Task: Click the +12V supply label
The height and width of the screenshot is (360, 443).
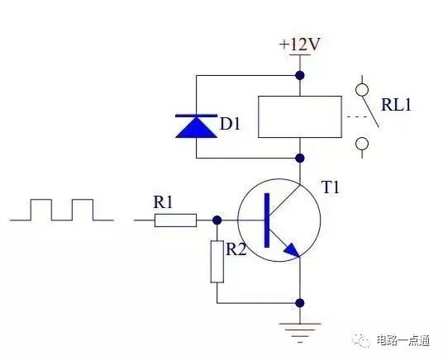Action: point(300,45)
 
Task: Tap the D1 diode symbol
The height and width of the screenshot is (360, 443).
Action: point(197,126)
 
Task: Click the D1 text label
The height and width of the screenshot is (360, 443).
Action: point(230,124)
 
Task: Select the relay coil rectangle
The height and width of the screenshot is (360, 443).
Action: point(300,117)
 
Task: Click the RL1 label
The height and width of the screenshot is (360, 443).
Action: point(396,105)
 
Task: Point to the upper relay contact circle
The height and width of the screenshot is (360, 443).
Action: point(362,90)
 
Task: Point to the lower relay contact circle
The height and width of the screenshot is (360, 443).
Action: point(362,144)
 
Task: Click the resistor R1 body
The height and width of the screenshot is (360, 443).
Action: point(175,220)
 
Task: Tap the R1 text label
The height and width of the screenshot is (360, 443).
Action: point(163,202)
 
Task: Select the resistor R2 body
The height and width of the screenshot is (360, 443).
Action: point(217,262)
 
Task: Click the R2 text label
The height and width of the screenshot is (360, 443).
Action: point(236,249)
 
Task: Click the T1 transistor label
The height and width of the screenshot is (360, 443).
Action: point(331,187)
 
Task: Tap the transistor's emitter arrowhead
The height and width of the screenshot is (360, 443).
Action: point(292,251)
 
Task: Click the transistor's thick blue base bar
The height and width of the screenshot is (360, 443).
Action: point(267,220)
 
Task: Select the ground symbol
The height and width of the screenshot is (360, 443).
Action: point(300,333)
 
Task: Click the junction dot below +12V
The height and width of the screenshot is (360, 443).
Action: point(300,75)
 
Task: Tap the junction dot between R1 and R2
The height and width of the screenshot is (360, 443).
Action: point(217,220)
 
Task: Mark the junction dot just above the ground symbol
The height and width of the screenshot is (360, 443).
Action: point(300,303)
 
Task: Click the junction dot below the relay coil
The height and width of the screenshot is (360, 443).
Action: point(300,158)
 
